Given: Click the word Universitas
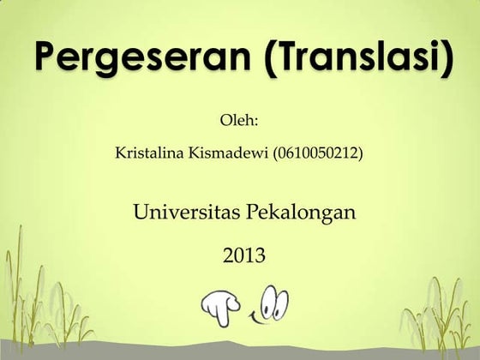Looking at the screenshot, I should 186,210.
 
